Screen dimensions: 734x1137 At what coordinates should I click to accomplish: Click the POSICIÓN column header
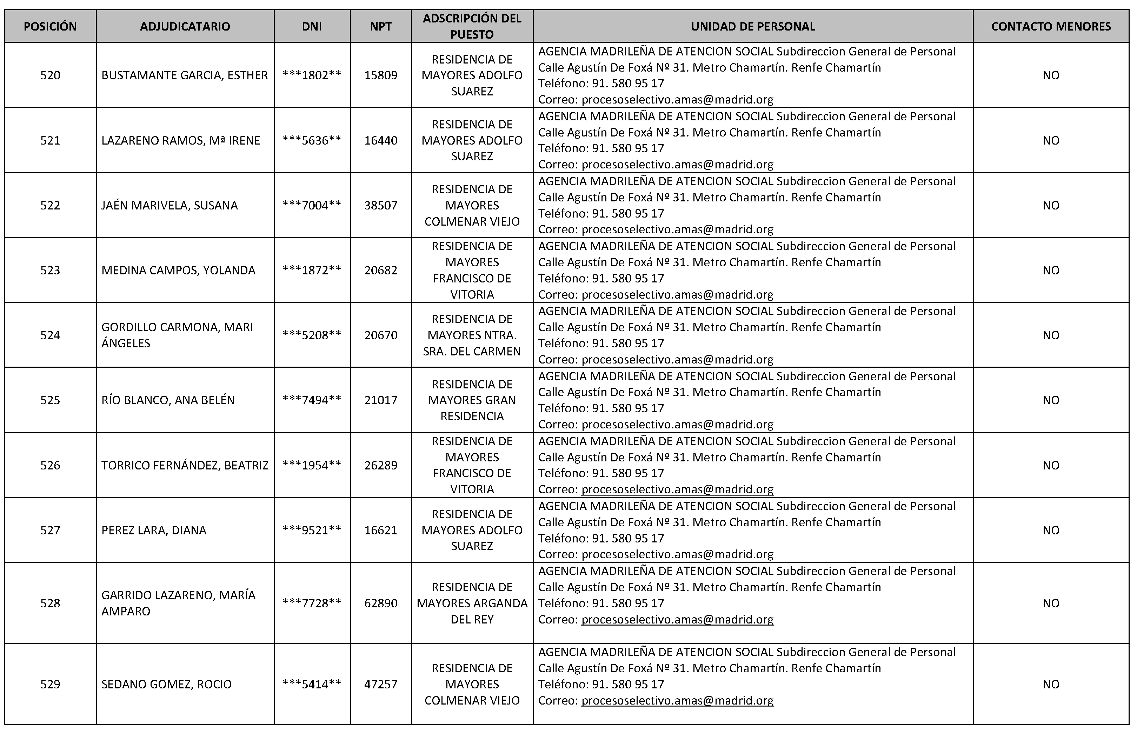coord(50,26)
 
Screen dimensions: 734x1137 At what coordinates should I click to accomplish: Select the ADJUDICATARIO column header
coord(185,26)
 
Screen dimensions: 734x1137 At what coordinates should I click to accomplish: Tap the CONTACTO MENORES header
coord(1051,26)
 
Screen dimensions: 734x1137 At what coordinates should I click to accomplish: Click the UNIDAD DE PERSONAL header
coord(753,26)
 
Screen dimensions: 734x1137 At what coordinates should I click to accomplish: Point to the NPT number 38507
coord(380,205)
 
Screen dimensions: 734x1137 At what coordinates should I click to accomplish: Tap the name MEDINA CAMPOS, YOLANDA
coord(178,270)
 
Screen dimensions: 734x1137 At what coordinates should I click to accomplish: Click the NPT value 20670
coord(380,335)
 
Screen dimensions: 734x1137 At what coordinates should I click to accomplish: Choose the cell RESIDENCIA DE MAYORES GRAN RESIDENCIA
coord(472,400)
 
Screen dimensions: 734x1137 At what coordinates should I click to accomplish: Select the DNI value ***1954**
coord(312,465)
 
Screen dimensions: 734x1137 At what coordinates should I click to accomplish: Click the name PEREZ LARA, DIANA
coord(153,530)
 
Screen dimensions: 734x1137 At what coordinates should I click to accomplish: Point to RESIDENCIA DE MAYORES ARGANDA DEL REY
coord(472,603)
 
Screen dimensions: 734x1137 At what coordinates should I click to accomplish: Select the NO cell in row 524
coord(1051,335)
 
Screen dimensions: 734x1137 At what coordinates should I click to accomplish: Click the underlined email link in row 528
coord(677,619)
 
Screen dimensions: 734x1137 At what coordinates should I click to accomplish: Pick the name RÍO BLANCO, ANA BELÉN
coord(168,400)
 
